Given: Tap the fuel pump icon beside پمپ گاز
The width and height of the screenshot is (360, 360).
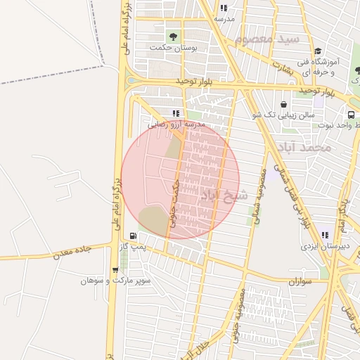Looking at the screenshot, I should pos(133,236).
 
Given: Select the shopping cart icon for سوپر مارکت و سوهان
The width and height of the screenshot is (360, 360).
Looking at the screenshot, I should pos(115,269).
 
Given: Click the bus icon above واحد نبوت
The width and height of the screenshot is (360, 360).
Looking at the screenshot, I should pos(350,115).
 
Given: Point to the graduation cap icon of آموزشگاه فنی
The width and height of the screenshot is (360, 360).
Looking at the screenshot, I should pos(318,51).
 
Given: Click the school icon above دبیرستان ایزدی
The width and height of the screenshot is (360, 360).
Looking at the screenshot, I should pos(325,235).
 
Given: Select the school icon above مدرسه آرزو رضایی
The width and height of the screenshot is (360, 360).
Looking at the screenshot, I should pos(176,113).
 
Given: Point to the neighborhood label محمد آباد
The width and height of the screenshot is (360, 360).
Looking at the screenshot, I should pos(303,148).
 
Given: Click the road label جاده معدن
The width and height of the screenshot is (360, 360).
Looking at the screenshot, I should pos(74,253).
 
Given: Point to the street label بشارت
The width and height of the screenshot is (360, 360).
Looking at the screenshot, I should pos(281,67).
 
